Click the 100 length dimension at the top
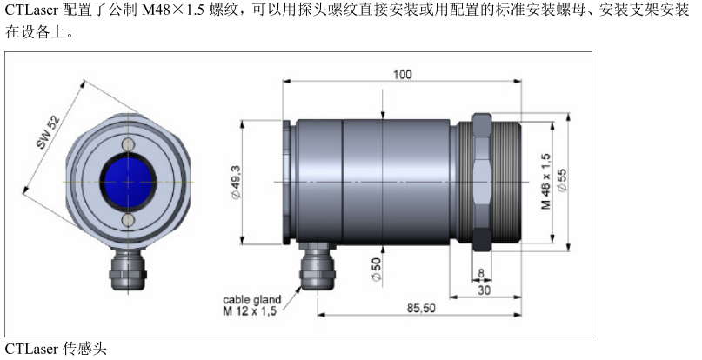(x=401, y=75)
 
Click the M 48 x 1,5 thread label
(x=546, y=180)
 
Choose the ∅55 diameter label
(x=563, y=180)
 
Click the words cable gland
(x=252, y=299)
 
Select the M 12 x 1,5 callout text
(x=252, y=310)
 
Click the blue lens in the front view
(x=128, y=182)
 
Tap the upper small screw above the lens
(x=128, y=143)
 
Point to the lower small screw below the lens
(x=128, y=222)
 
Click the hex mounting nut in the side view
(x=482, y=181)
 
